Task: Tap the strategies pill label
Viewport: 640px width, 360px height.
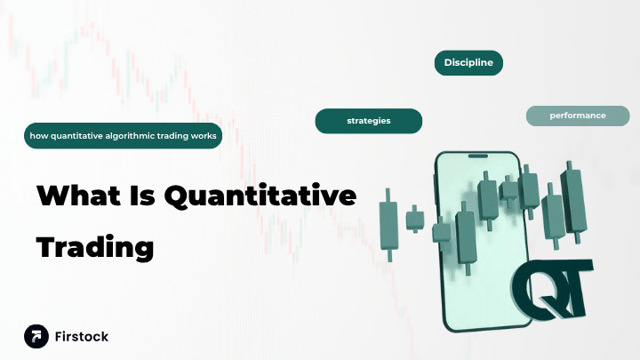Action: coord(369,120)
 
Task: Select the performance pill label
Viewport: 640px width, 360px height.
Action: coord(578,116)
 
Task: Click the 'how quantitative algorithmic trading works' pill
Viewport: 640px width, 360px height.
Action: coord(123,136)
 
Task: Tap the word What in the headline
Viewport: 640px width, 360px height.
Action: coord(76,196)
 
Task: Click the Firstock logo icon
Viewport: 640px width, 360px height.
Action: coord(36,336)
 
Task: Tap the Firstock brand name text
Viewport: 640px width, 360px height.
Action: coord(82,337)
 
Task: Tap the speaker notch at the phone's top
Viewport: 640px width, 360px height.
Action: coord(478,157)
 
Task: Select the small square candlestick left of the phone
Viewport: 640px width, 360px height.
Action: coord(414,218)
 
